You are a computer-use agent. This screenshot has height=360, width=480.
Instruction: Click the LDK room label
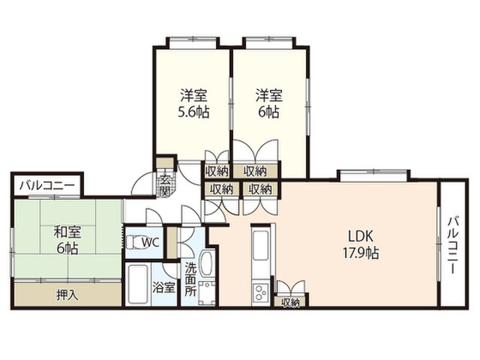[361, 236]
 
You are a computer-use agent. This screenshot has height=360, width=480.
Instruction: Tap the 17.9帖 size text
[361, 253]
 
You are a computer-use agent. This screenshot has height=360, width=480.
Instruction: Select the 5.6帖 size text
[193, 112]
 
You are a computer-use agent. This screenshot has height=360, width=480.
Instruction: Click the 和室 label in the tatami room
[67, 232]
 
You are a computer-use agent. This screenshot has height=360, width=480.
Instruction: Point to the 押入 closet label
[67, 295]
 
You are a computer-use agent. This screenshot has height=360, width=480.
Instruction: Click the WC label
[150, 243]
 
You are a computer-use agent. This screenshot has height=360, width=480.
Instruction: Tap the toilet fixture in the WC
[133, 243]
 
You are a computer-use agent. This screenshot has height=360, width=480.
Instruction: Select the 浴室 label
[163, 288]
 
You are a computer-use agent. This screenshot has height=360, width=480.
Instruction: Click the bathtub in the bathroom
[138, 284]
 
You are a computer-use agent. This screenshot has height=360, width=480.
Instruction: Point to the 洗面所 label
[190, 279]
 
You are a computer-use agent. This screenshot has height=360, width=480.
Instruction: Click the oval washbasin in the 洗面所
[207, 263]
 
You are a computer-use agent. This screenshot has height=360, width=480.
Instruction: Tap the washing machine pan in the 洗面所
[207, 293]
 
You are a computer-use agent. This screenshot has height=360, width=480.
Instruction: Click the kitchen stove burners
[260, 293]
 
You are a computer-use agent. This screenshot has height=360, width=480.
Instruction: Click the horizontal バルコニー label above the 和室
[46, 185]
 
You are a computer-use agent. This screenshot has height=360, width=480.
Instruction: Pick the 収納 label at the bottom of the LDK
[290, 302]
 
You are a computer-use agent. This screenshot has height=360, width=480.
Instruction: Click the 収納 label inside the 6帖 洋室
[255, 172]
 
